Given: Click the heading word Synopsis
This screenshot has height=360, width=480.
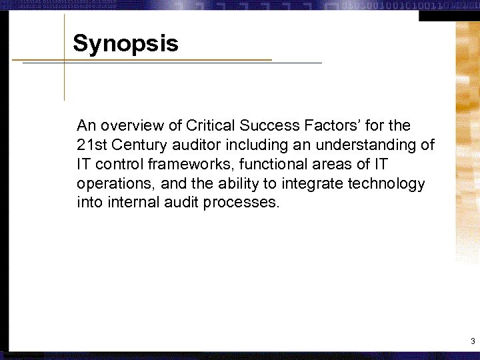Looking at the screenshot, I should point(125,44).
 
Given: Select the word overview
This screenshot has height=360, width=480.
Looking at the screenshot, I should point(130,125).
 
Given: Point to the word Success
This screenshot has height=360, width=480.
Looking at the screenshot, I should point(265,125).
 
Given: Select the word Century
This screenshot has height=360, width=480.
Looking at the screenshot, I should point(133,145).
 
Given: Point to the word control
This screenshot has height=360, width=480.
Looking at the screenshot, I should point(115,164).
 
